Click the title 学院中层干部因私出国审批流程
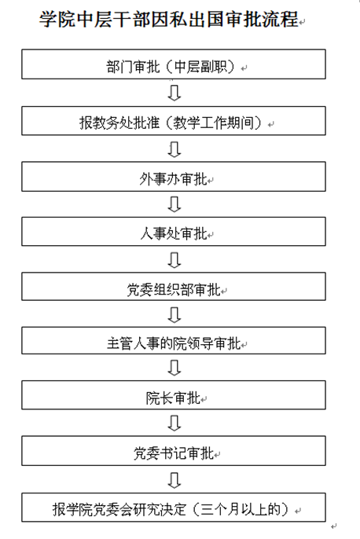click(168, 19)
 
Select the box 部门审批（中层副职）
click(174, 64)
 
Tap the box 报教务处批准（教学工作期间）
click(174, 121)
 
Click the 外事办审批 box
click(174, 177)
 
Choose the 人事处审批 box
click(174, 231)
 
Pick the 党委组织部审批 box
click(174, 287)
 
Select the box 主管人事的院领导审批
click(174, 341)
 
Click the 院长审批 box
click(174, 395)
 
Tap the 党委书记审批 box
click(174, 451)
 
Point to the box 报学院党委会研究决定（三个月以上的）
click(174, 508)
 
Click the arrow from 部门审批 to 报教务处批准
click(174, 93)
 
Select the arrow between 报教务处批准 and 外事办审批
click(174, 149)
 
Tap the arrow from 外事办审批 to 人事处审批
click(174, 204)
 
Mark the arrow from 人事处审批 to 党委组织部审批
click(174, 260)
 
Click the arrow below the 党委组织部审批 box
click(174, 314)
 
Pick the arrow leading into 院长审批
click(174, 368)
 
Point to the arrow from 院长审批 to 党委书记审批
click(174, 423)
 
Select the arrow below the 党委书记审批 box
click(174, 480)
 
